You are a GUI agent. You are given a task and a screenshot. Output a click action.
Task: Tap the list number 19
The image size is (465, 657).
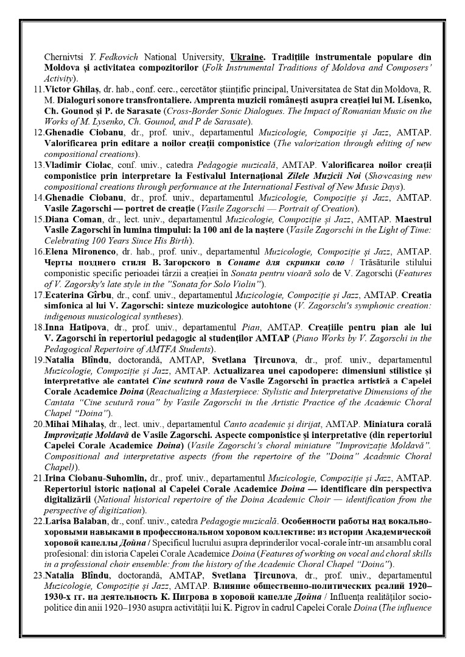tap(37, 360)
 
